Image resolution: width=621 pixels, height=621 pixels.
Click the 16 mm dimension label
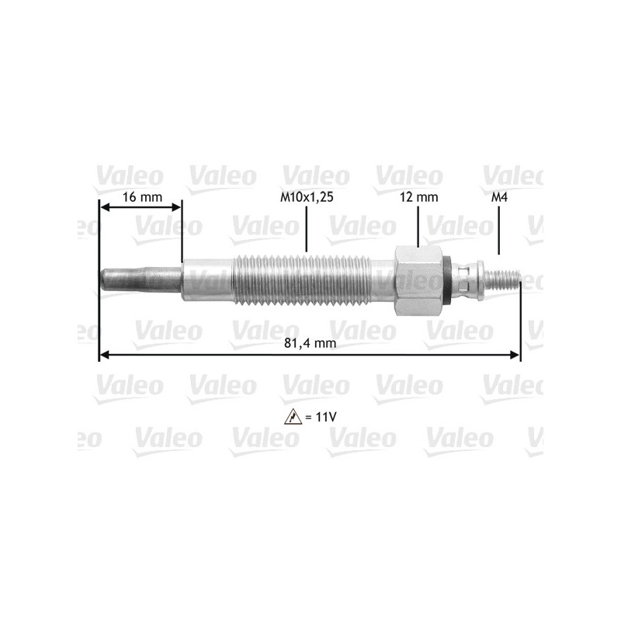click(142, 197)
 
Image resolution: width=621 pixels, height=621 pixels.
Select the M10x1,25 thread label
click(307, 197)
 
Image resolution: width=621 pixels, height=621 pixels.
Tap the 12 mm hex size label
click(418, 197)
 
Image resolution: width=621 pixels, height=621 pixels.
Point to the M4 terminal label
click(499, 197)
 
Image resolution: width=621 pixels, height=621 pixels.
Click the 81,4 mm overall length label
click(310, 342)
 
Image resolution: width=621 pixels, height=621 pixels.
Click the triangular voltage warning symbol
click(293, 417)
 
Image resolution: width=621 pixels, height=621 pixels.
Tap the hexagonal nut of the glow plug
click(418, 281)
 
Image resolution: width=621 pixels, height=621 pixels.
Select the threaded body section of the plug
click(302, 280)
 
